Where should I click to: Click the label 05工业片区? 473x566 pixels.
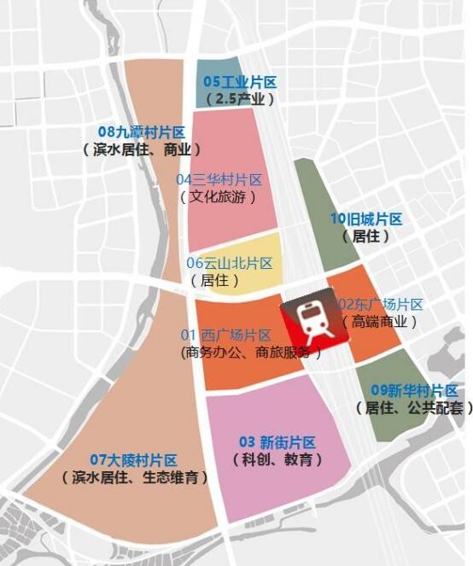pos(240,83)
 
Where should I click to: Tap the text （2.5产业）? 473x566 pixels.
pos(240,99)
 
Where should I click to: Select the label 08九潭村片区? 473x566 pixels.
pos(142,132)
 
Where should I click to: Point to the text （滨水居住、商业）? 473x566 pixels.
pos(142,149)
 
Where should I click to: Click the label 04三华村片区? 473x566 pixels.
pos(219,180)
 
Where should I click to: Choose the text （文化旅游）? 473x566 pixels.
pos(219,196)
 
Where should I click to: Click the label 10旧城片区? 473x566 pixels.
pos(365,219)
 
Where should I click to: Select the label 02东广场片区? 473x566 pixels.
pos(381,305)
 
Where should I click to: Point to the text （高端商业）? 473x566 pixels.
pos(380,322)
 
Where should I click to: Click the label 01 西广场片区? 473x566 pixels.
pos(225,335)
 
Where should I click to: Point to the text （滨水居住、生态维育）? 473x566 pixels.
pos(136,477)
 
